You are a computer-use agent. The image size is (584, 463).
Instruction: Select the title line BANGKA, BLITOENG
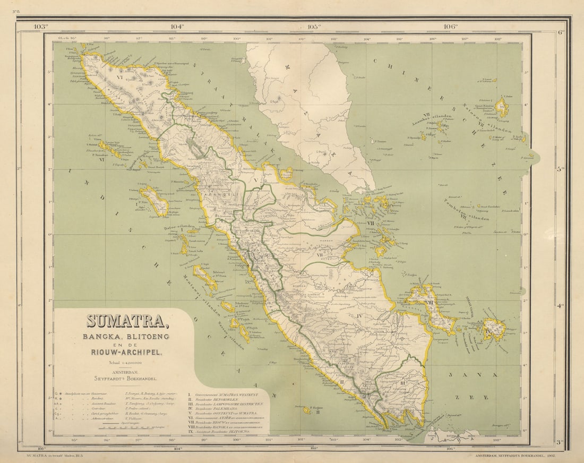pyautogui.click(x=125, y=337)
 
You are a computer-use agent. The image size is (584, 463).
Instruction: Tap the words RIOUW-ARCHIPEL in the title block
pyautogui.click(x=126, y=351)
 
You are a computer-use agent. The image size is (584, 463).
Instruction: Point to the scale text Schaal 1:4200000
pyautogui.click(x=126, y=363)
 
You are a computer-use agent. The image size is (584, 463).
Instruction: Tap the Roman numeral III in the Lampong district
pyautogui.click(x=402, y=383)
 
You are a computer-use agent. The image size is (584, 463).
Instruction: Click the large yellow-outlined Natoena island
pyautogui.click(x=501, y=108)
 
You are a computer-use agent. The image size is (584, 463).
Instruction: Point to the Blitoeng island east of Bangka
pyautogui.click(x=494, y=329)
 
